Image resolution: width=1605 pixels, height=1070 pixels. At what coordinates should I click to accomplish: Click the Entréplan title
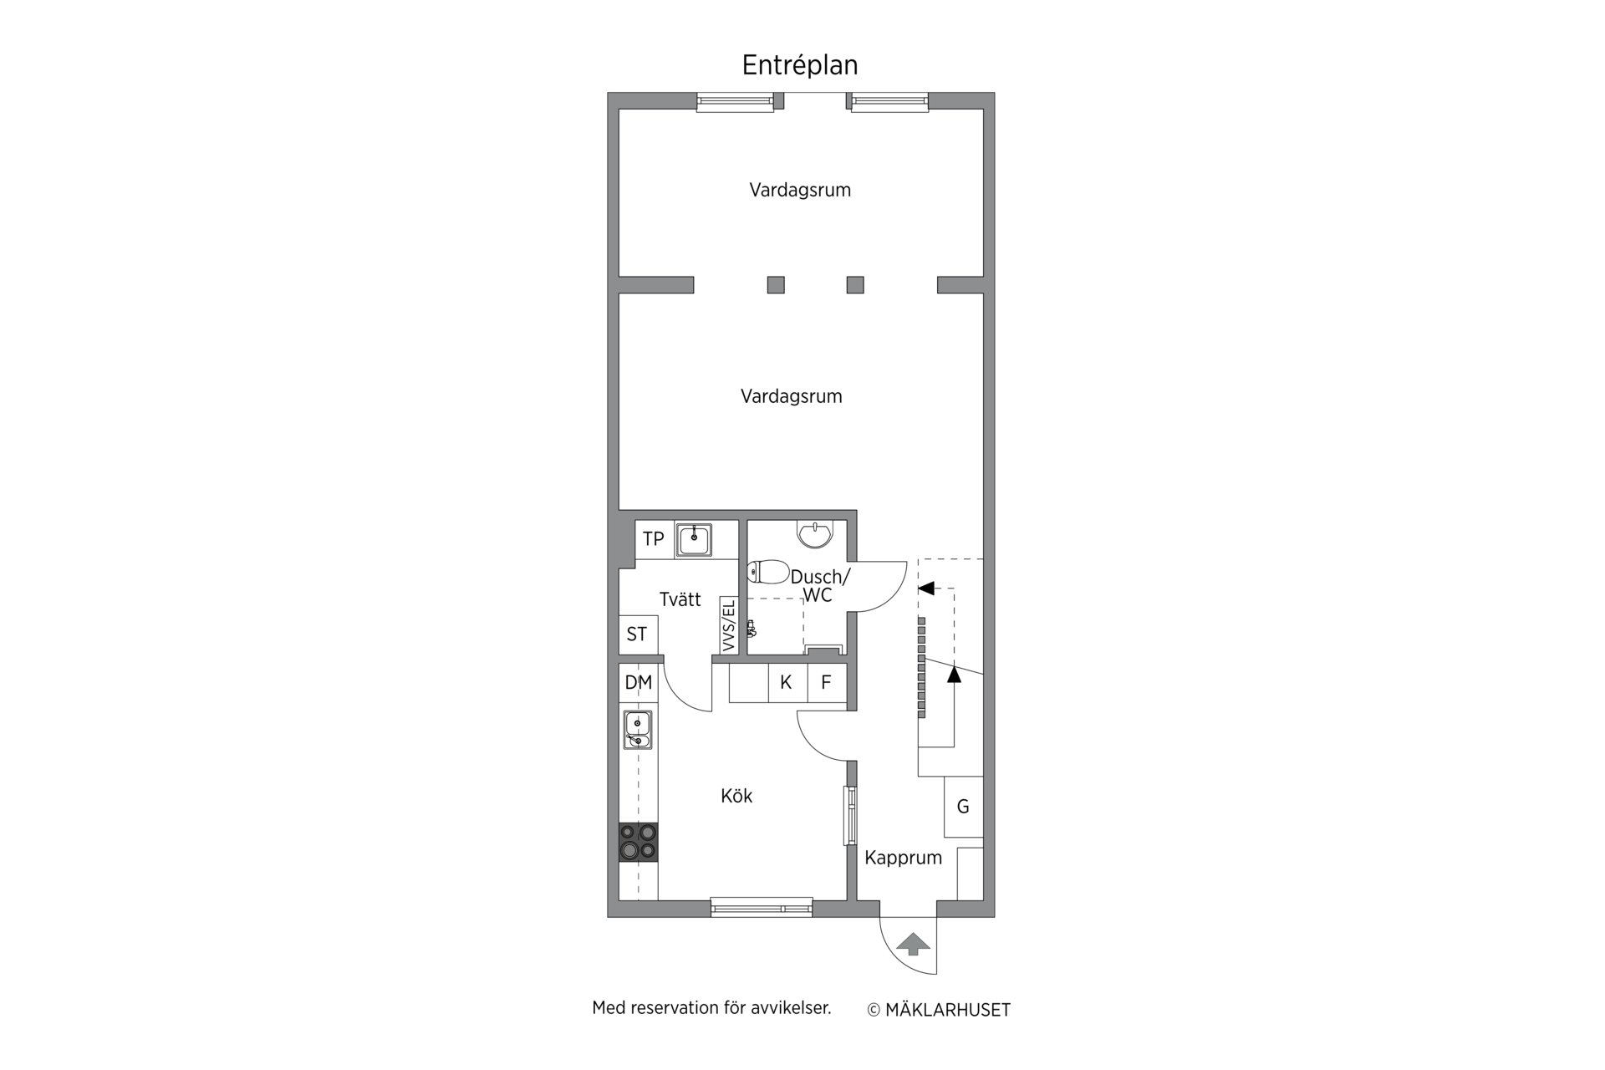click(x=800, y=65)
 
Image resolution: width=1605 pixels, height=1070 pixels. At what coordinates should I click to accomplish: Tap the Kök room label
click(x=736, y=796)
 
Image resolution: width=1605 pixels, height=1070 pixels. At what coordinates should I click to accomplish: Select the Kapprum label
click(x=903, y=858)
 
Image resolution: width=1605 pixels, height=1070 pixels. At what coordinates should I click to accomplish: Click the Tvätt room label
click(x=680, y=599)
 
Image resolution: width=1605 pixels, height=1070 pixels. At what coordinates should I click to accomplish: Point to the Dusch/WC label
click(x=820, y=585)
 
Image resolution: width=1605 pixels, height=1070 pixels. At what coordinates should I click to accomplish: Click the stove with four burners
click(x=638, y=842)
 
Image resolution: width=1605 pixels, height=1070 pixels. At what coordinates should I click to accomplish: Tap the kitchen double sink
click(x=638, y=730)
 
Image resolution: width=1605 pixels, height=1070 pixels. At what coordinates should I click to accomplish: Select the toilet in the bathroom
click(x=768, y=572)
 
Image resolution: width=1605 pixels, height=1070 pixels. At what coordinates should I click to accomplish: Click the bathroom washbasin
click(x=814, y=532)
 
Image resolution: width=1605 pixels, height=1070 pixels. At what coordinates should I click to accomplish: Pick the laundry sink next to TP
click(x=694, y=539)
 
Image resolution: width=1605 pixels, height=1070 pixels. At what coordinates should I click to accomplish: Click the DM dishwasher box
click(x=638, y=683)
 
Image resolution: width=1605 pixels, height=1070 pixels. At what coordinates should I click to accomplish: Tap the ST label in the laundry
click(x=637, y=634)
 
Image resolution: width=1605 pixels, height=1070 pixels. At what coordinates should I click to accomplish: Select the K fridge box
click(x=787, y=683)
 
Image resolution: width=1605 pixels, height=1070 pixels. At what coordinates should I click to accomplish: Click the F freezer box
click(x=827, y=683)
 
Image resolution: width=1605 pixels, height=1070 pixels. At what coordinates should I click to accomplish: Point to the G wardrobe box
click(x=963, y=807)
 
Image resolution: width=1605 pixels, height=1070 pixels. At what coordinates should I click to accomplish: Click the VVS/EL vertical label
click(x=728, y=624)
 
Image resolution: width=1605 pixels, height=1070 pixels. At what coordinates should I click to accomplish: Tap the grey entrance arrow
click(x=913, y=944)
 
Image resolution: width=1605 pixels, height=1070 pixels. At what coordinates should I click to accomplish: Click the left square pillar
click(x=776, y=285)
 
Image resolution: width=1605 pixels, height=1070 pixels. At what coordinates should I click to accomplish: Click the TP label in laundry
click(x=653, y=539)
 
